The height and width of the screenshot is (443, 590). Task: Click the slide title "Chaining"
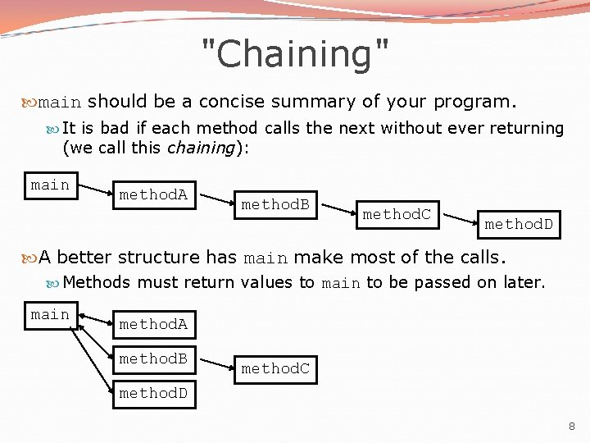tap(295, 54)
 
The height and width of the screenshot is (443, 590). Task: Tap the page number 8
tap(571, 427)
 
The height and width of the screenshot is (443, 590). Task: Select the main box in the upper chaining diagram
tap(50, 185)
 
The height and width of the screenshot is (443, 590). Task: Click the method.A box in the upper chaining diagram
tap(153, 194)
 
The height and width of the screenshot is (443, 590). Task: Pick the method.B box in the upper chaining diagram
tap(275, 204)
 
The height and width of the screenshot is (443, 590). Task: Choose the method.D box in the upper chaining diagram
tap(518, 224)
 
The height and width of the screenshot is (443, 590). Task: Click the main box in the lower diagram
tap(50, 315)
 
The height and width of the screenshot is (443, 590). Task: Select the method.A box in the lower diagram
tap(153, 325)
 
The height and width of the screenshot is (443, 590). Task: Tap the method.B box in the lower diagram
tap(153, 359)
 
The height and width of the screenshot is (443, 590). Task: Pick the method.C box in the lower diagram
tap(275, 369)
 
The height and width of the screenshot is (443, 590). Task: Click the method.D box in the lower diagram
tap(153, 394)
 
